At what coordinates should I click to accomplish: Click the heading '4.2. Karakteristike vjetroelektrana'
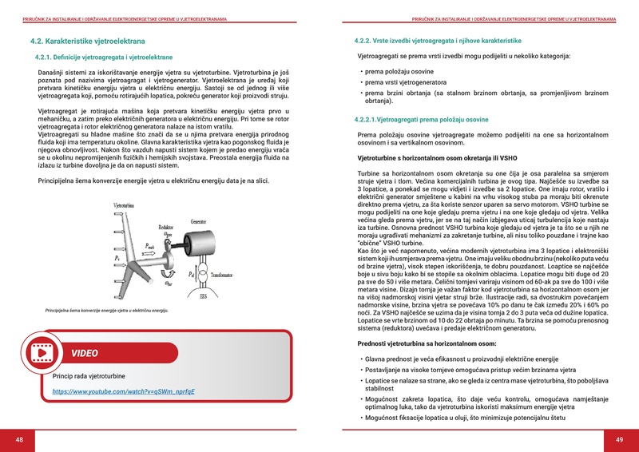point(88,40)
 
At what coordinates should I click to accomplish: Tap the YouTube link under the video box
point(124,392)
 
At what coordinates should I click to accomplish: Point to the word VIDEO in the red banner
point(85,353)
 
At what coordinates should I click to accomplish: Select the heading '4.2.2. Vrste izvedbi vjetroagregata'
point(437,40)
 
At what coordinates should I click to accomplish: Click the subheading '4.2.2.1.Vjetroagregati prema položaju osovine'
point(420,119)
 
